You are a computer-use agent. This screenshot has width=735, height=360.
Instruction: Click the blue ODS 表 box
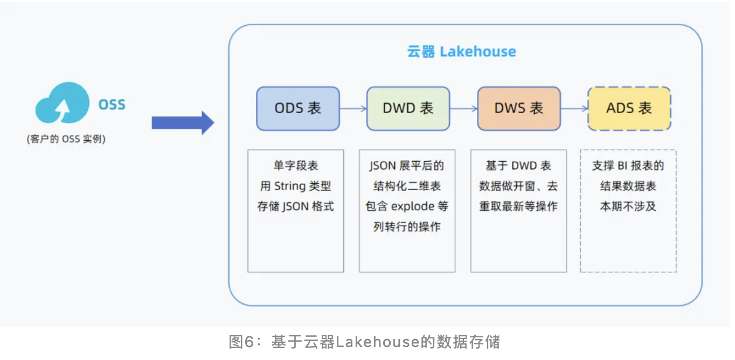tap(298, 108)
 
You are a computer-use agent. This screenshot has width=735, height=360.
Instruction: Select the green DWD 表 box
tap(408, 108)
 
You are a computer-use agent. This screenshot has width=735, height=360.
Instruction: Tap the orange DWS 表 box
tap(519, 108)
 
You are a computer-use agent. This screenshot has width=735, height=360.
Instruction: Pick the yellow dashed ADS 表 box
tap(629, 108)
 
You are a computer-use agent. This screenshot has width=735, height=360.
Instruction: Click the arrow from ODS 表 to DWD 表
tap(353, 108)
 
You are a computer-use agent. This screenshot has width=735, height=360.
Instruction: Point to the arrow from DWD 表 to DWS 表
tap(464, 108)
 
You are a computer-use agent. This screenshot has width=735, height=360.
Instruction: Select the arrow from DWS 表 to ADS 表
tap(574, 108)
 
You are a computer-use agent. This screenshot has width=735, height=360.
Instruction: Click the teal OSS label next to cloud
tap(112, 104)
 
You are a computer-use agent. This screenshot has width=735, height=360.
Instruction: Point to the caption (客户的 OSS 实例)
tap(66, 139)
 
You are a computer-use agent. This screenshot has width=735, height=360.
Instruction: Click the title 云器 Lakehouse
tap(461, 52)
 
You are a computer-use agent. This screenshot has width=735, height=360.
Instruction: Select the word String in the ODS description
tap(291, 186)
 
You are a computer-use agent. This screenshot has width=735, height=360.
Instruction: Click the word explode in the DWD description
tap(412, 206)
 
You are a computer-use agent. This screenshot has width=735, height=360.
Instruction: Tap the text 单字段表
tap(295, 166)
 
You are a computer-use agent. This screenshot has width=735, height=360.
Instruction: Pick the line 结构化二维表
tap(407, 186)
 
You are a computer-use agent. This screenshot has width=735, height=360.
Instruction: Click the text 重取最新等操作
tap(518, 206)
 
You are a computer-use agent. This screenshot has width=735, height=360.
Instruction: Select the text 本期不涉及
tap(628, 206)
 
